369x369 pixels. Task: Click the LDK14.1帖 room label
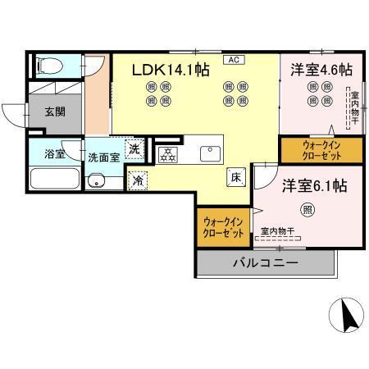(170, 70)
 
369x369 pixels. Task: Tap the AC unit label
(233, 60)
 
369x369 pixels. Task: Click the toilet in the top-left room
(48, 66)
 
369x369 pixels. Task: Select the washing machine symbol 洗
(135, 149)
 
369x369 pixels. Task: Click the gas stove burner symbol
(167, 152)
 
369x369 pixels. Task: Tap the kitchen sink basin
(207, 152)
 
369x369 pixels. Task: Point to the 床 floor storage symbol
(234, 174)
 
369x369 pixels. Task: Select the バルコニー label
(266, 262)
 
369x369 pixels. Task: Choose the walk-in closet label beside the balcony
(223, 227)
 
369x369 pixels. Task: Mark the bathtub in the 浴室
(54, 178)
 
